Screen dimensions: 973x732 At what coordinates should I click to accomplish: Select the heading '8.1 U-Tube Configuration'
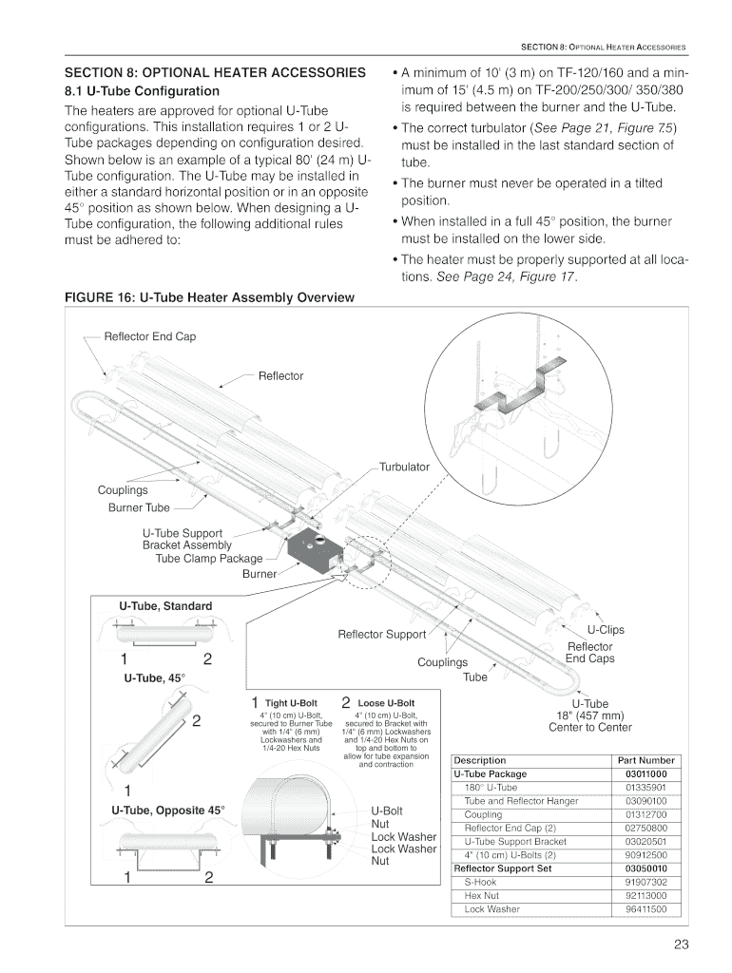141,91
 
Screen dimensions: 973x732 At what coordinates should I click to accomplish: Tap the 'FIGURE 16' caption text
208,297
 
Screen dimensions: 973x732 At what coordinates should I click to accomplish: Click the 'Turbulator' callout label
404,467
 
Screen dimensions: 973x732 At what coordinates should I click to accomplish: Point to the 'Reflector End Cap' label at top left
150,336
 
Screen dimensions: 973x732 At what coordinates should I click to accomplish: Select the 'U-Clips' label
606,629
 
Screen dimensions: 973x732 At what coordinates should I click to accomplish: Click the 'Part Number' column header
646,760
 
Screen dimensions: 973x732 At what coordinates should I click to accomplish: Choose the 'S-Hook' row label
480,882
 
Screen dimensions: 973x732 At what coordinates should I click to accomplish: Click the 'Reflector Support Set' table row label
503,868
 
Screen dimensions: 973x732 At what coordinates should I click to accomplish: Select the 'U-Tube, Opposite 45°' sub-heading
168,811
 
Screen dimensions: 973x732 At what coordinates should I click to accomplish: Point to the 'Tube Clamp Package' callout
208,559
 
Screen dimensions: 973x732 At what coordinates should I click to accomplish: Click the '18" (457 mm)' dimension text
589,715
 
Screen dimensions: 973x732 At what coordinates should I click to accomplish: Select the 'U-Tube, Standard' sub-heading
165,605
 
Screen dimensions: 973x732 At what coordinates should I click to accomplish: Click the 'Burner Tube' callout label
139,507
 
